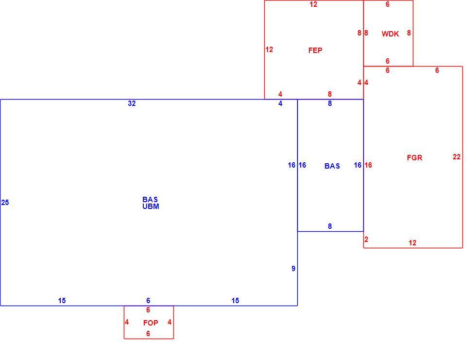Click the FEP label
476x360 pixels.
[315, 51]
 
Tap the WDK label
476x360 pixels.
[390, 34]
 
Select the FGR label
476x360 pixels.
[414, 157]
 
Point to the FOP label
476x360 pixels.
[151, 323]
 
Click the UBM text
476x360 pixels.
[151, 206]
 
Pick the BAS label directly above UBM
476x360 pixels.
[150, 199]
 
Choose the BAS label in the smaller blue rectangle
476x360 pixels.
[332, 166]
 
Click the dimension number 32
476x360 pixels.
[132, 103]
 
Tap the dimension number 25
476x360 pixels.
[5, 203]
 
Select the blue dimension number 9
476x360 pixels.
[293, 268]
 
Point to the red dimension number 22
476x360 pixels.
[457, 156]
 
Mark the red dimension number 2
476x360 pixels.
[366, 240]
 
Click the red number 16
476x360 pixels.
[368, 165]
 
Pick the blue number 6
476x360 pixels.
[148, 301]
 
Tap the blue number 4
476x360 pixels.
[280, 103]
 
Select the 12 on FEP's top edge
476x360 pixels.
[313, 4]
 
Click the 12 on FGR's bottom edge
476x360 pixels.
[412, 243]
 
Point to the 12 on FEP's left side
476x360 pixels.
[269, 50]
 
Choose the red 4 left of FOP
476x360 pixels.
[127, 322]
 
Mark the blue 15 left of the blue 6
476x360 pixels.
[62, 301]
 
